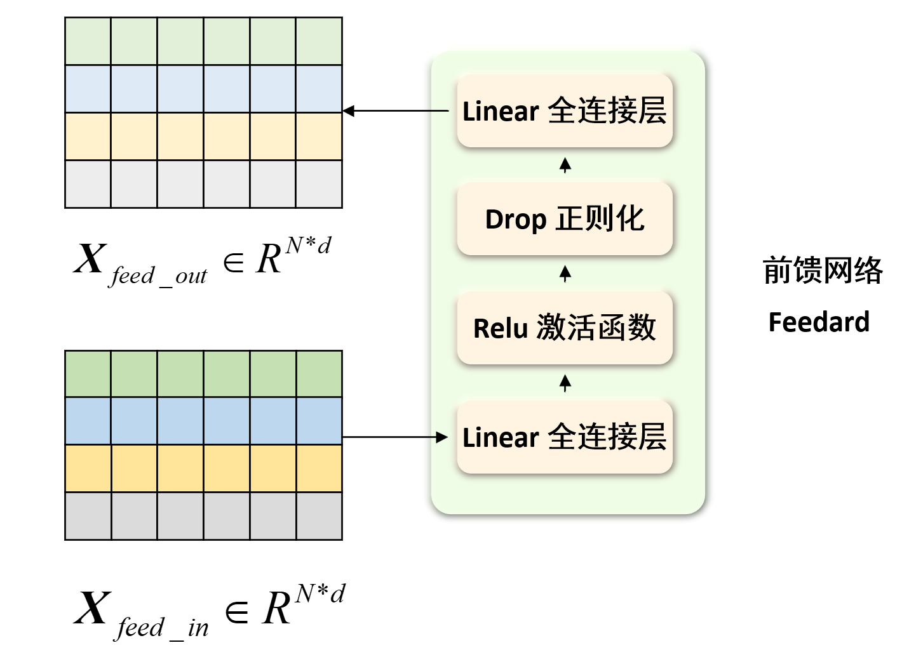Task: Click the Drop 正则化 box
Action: coord(565,219)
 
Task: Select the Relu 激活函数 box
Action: coord(565,328)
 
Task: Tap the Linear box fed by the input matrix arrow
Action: coord(565,437)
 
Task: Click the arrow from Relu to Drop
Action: coord(565,274)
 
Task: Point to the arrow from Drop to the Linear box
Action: coord(565,165)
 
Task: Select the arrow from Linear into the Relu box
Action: coord(565,383)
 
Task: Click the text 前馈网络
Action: coord(823,270)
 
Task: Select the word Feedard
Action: coord(819,322)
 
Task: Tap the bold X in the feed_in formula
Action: coord(93,608)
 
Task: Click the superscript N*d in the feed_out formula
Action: coord(308,246)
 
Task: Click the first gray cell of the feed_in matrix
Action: coord(88,516)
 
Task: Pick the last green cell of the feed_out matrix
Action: coord(319,41)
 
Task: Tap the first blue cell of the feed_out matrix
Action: coord(88,89)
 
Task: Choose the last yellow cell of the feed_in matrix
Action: coord(319,468)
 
